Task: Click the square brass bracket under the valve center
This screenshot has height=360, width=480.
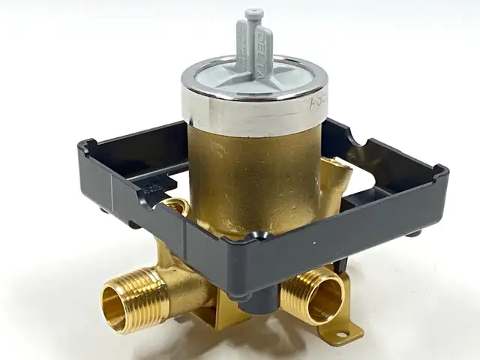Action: [x=217, y=315]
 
